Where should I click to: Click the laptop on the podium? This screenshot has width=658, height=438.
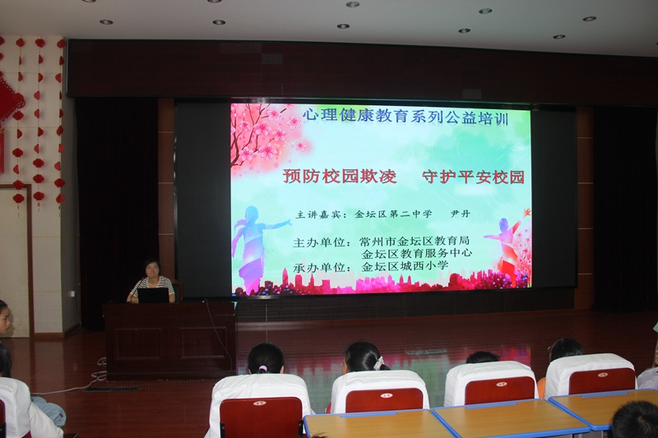[x=153, y=295]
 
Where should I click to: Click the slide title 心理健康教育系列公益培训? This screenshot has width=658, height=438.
[x=405, y=116]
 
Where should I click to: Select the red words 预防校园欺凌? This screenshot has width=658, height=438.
[x=340, y=176]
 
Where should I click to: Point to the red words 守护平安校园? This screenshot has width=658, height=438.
[x=473, y=177]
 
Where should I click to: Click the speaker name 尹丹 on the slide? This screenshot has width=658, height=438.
[x=460, y=214]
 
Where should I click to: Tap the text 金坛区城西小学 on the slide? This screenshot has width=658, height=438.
[x=405, y=265]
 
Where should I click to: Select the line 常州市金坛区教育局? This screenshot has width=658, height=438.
[x=415, y=241]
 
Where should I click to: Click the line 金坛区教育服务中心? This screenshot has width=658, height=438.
[x=417, y=253]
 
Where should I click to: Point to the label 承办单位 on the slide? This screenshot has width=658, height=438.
[x=322, y=267]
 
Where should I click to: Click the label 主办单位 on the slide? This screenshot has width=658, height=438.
[x=322, y=242]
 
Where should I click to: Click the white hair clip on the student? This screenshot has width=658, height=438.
[x=379, y=362]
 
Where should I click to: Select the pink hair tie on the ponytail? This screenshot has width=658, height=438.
[x=262, y=369]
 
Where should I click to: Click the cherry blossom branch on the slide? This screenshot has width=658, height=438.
[x=260, y=134]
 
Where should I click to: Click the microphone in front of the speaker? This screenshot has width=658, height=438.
[x=137, y=288]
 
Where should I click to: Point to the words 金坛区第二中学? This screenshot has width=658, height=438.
[x=393, y=214]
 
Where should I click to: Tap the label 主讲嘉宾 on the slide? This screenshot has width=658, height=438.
[x=321, y=214]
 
